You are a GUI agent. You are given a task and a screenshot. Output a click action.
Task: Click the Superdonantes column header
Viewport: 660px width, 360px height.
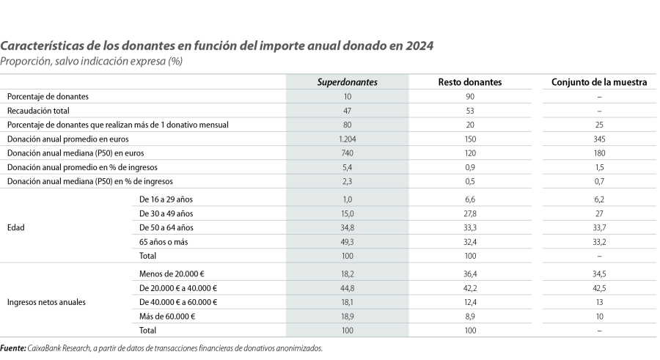click(347, 82)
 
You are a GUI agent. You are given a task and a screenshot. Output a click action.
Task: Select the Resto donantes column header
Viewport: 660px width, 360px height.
click(470, 82)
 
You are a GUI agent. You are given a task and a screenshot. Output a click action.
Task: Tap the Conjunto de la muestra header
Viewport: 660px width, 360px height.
click(598, 82)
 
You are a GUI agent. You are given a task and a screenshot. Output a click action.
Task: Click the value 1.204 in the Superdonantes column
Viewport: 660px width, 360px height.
click(347, 139)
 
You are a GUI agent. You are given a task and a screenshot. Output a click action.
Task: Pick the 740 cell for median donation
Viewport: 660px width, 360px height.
click(347, 153)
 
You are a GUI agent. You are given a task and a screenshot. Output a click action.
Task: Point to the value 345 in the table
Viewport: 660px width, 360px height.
click(598, 139)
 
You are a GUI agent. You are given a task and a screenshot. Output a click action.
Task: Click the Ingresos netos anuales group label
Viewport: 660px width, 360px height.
click(43, 301)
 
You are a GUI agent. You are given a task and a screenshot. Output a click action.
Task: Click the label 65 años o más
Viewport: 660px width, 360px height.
click(164, 241)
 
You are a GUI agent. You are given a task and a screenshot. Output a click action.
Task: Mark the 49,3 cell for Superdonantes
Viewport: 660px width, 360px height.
click(347, 241)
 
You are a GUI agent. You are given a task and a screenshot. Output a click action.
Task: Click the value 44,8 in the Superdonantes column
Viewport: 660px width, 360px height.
click(347, 287)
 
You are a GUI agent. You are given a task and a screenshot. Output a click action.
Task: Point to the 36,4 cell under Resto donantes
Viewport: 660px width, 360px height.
click(470, 273)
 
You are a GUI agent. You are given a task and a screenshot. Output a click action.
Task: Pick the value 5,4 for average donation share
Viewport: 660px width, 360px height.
click(347, 167)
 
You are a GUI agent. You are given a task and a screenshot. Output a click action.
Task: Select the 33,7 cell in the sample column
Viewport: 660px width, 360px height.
click(598, 227)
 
